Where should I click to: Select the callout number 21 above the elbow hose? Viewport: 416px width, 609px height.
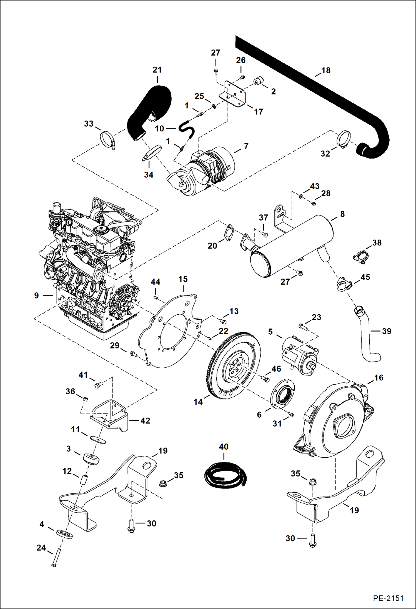click(x=157, y=70)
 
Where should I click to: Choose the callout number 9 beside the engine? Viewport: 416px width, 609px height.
click(x=36, y=295)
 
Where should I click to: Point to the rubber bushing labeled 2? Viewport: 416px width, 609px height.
click(x=258, y=82)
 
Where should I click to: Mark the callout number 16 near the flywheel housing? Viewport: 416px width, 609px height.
click(x=379, y=378)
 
